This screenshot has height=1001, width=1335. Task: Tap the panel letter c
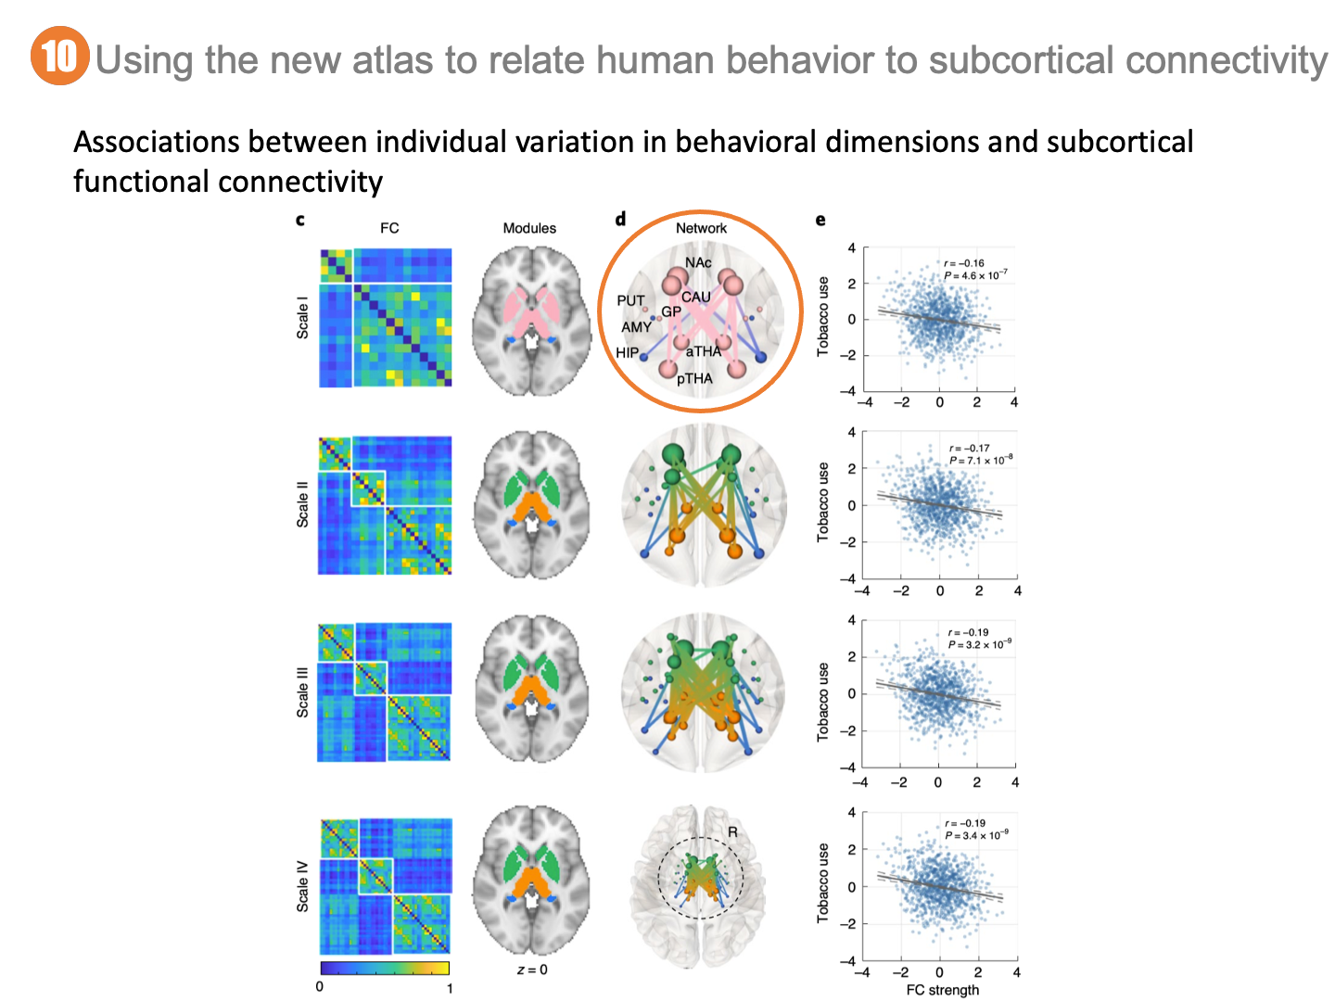[299, 220]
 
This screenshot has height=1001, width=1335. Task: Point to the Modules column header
[529, 228]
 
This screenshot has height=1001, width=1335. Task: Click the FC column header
[389, 228]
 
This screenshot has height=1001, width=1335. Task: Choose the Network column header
[701, 228]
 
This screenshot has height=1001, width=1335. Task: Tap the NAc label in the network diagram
[698, 262]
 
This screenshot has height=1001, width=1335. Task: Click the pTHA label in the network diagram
[694, 378]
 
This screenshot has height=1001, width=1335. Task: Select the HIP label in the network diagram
[628, 352]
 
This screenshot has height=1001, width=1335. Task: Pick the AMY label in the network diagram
[636, 327]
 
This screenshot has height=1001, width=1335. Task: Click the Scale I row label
[302, 317]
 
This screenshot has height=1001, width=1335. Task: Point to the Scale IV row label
[302, 886]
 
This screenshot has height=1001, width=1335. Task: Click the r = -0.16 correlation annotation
[964, 263]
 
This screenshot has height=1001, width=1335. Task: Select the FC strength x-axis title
[942, 990]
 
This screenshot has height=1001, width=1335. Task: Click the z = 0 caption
[532, 969]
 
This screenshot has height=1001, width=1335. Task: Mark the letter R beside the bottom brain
[732, 832]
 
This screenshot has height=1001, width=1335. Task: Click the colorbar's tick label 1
[450, 988]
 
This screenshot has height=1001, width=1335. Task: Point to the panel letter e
[820, 220]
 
